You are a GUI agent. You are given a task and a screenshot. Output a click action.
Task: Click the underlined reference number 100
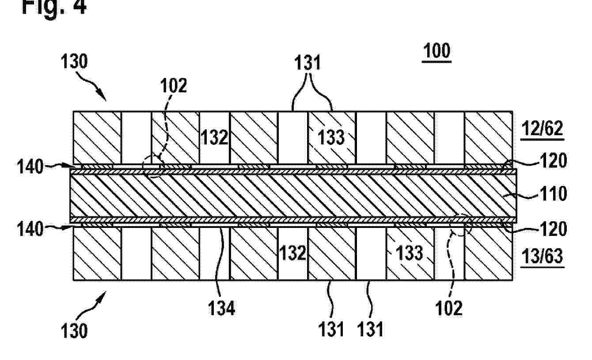[x=436, y=51]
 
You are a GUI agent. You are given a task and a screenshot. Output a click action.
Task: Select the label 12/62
[x=542, y=129]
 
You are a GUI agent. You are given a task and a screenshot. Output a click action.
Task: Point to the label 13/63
[x=542, y=257]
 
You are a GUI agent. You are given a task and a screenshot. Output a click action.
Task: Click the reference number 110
[x=553, y=194]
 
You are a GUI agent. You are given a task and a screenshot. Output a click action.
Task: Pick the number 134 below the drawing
[x=221, y=308]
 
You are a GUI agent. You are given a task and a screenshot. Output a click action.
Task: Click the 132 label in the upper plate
[x=214, y=137]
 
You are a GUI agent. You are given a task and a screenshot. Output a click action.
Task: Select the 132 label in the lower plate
[x=292, y=253]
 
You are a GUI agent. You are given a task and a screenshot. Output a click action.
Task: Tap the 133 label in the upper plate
[x=331, y=137]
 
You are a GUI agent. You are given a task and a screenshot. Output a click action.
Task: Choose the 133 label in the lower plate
[x=410, y=253]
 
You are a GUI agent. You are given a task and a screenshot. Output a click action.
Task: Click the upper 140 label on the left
[x=30, y=167]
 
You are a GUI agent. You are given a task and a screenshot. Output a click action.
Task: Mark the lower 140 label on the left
[x=30, y=229]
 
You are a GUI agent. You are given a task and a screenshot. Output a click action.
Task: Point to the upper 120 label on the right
[x=553, y=161]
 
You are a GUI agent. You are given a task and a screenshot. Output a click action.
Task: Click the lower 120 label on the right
[x=553, y=229]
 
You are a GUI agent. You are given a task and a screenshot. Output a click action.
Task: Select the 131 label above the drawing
[x=307, y=63]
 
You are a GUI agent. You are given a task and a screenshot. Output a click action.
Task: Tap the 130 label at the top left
[x=74, y=61]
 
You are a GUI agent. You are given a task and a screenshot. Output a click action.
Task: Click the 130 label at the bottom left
[x=74, y=331]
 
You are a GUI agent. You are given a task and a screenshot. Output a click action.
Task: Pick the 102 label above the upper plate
[x=174, y=86]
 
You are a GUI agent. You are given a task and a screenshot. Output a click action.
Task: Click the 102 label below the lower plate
[x=449, y=308]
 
